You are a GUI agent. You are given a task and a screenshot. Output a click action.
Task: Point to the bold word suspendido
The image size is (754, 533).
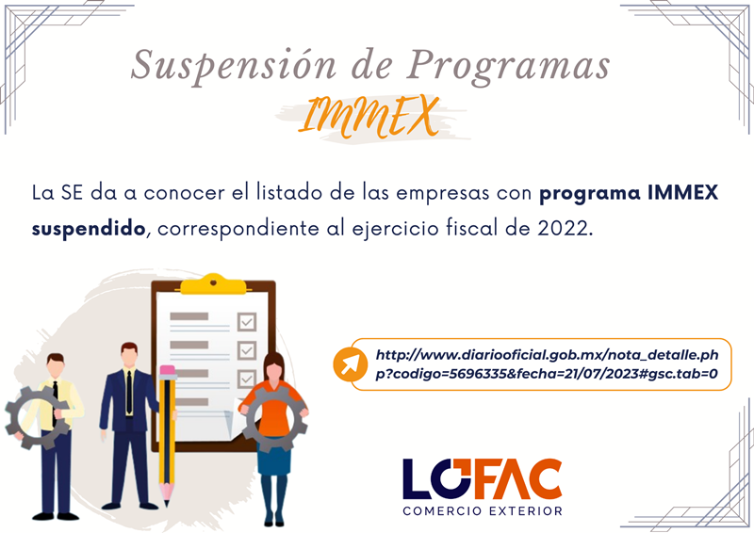(89, 229)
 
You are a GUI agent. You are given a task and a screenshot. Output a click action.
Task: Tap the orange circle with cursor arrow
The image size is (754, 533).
(350, 364)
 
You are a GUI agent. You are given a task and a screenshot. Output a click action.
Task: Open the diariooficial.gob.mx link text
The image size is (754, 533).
(547, 364)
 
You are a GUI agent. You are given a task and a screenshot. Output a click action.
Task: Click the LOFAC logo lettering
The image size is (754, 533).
(483, 478)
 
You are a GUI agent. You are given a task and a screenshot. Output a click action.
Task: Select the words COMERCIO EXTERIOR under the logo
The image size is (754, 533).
(483, 511)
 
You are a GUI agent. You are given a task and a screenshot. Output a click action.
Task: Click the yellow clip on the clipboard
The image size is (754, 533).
(213, 284)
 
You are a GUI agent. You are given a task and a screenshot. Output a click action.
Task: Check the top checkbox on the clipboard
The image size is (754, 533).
(247, 321)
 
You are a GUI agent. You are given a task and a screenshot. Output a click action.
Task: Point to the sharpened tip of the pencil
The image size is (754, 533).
(167, 503)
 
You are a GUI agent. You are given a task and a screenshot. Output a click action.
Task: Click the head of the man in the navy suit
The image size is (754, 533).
(129, 355)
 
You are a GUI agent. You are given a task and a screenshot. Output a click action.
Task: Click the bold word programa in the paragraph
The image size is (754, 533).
(590, 194)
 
